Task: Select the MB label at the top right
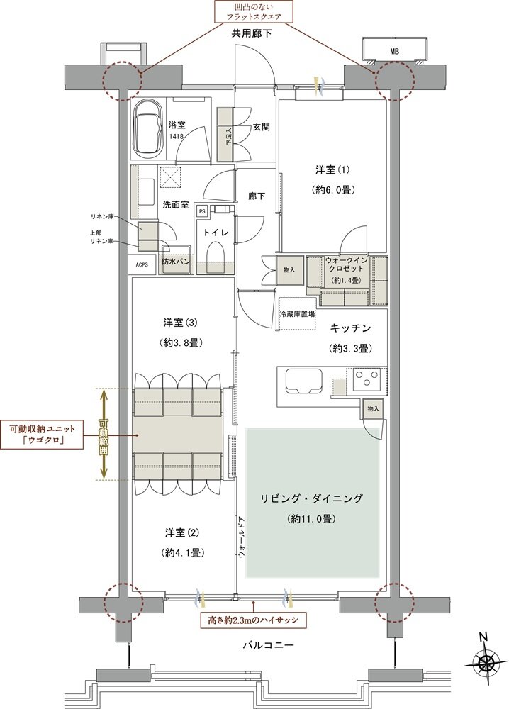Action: [393, 51]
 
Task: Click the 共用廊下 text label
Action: [252, 33]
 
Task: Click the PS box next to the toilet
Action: [202, 211]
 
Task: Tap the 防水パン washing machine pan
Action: [175, 262]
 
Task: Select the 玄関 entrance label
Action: [261, 128]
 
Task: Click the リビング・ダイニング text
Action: [312, 499]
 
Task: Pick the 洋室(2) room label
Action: [183, 532]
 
